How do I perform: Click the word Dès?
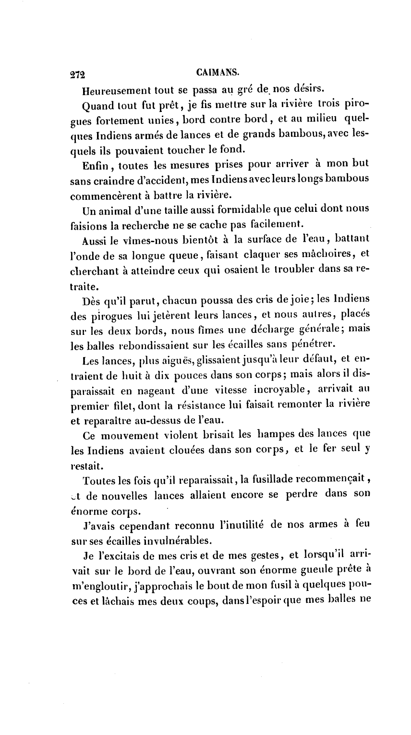93,300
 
